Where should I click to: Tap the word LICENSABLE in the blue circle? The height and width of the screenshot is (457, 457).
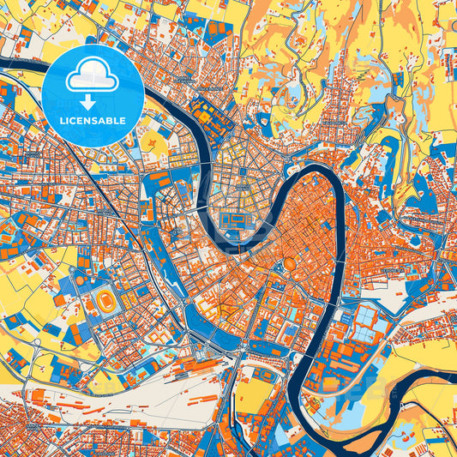(93, 121)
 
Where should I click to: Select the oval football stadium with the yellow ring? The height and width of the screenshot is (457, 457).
(106, 301)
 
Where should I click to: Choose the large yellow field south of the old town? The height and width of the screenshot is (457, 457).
(253, 394)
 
